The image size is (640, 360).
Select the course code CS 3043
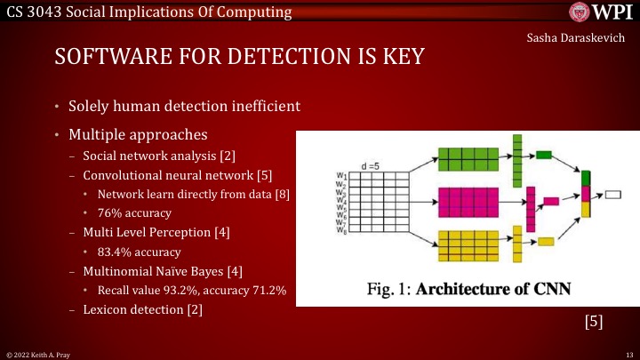(30, 12)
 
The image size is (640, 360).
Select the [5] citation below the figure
(594, 322)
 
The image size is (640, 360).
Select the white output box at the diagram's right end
(613, 193)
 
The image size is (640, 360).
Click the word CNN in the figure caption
(542, 289)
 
